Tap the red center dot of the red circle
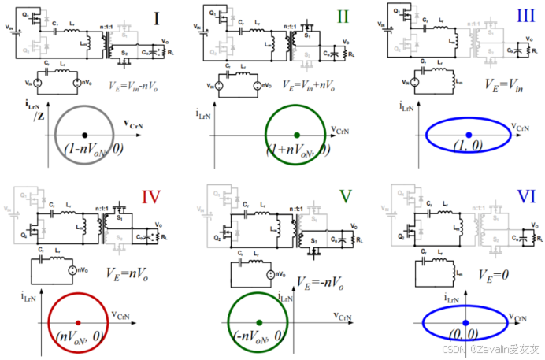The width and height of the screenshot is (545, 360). click(78, 322)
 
